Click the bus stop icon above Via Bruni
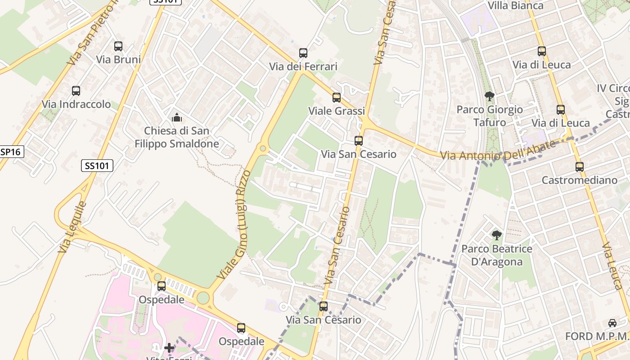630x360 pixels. coord(118,46)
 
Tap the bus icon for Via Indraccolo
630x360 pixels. coord(76,91)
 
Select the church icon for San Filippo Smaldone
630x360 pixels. coord(177,118)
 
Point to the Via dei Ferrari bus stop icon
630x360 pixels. coord(303,53)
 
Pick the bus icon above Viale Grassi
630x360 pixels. coord(336,98)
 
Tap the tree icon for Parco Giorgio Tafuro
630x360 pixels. coord(490,96)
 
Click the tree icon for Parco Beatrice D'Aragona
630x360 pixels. coord(497,235)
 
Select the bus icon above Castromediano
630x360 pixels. coord(580,167)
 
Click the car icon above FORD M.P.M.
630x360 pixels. coord(612,323)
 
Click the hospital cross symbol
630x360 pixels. coord(169,347)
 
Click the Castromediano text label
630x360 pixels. coord(579,180)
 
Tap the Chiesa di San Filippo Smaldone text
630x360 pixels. coord(176,137)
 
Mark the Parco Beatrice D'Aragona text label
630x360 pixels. coord(497,255)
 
